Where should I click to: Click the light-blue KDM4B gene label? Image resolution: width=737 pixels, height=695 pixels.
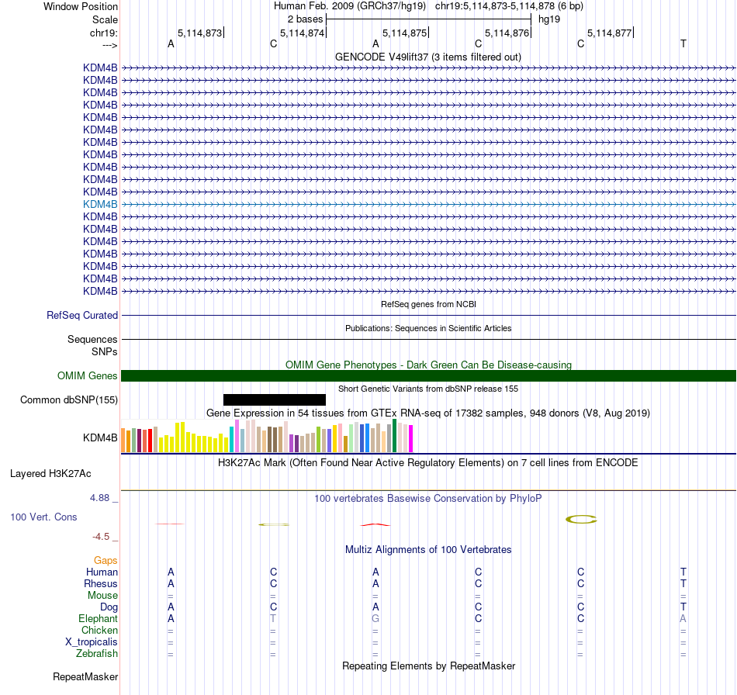tap(100, 204)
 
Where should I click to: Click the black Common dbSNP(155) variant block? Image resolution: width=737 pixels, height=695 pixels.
tap(274, 399)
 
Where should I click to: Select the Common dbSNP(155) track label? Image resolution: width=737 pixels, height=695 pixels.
tap(69, 400)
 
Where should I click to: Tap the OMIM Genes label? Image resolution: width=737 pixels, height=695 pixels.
tap(88, 376)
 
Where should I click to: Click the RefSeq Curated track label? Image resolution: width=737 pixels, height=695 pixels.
tap(82, 316)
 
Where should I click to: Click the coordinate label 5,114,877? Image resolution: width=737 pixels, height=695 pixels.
tap(609, 33)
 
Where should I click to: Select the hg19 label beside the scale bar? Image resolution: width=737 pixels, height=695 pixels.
tap(548, 18)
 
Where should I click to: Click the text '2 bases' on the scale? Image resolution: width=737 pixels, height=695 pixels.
tap(304, 18)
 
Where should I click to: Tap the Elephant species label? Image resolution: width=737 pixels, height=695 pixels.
tap(98, 619)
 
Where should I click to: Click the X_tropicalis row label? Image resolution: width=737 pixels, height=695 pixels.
tap(92, 642)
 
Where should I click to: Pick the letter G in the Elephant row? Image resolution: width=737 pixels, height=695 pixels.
tap(375, 619)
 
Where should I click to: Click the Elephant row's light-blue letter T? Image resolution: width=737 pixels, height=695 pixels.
tap(273, 619)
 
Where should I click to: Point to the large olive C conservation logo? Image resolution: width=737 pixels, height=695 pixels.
tap(581, 519)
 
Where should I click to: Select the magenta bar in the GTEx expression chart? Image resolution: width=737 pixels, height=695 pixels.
tap(410, 439)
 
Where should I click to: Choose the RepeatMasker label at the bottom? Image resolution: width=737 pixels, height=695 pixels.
tap(85, 677)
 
